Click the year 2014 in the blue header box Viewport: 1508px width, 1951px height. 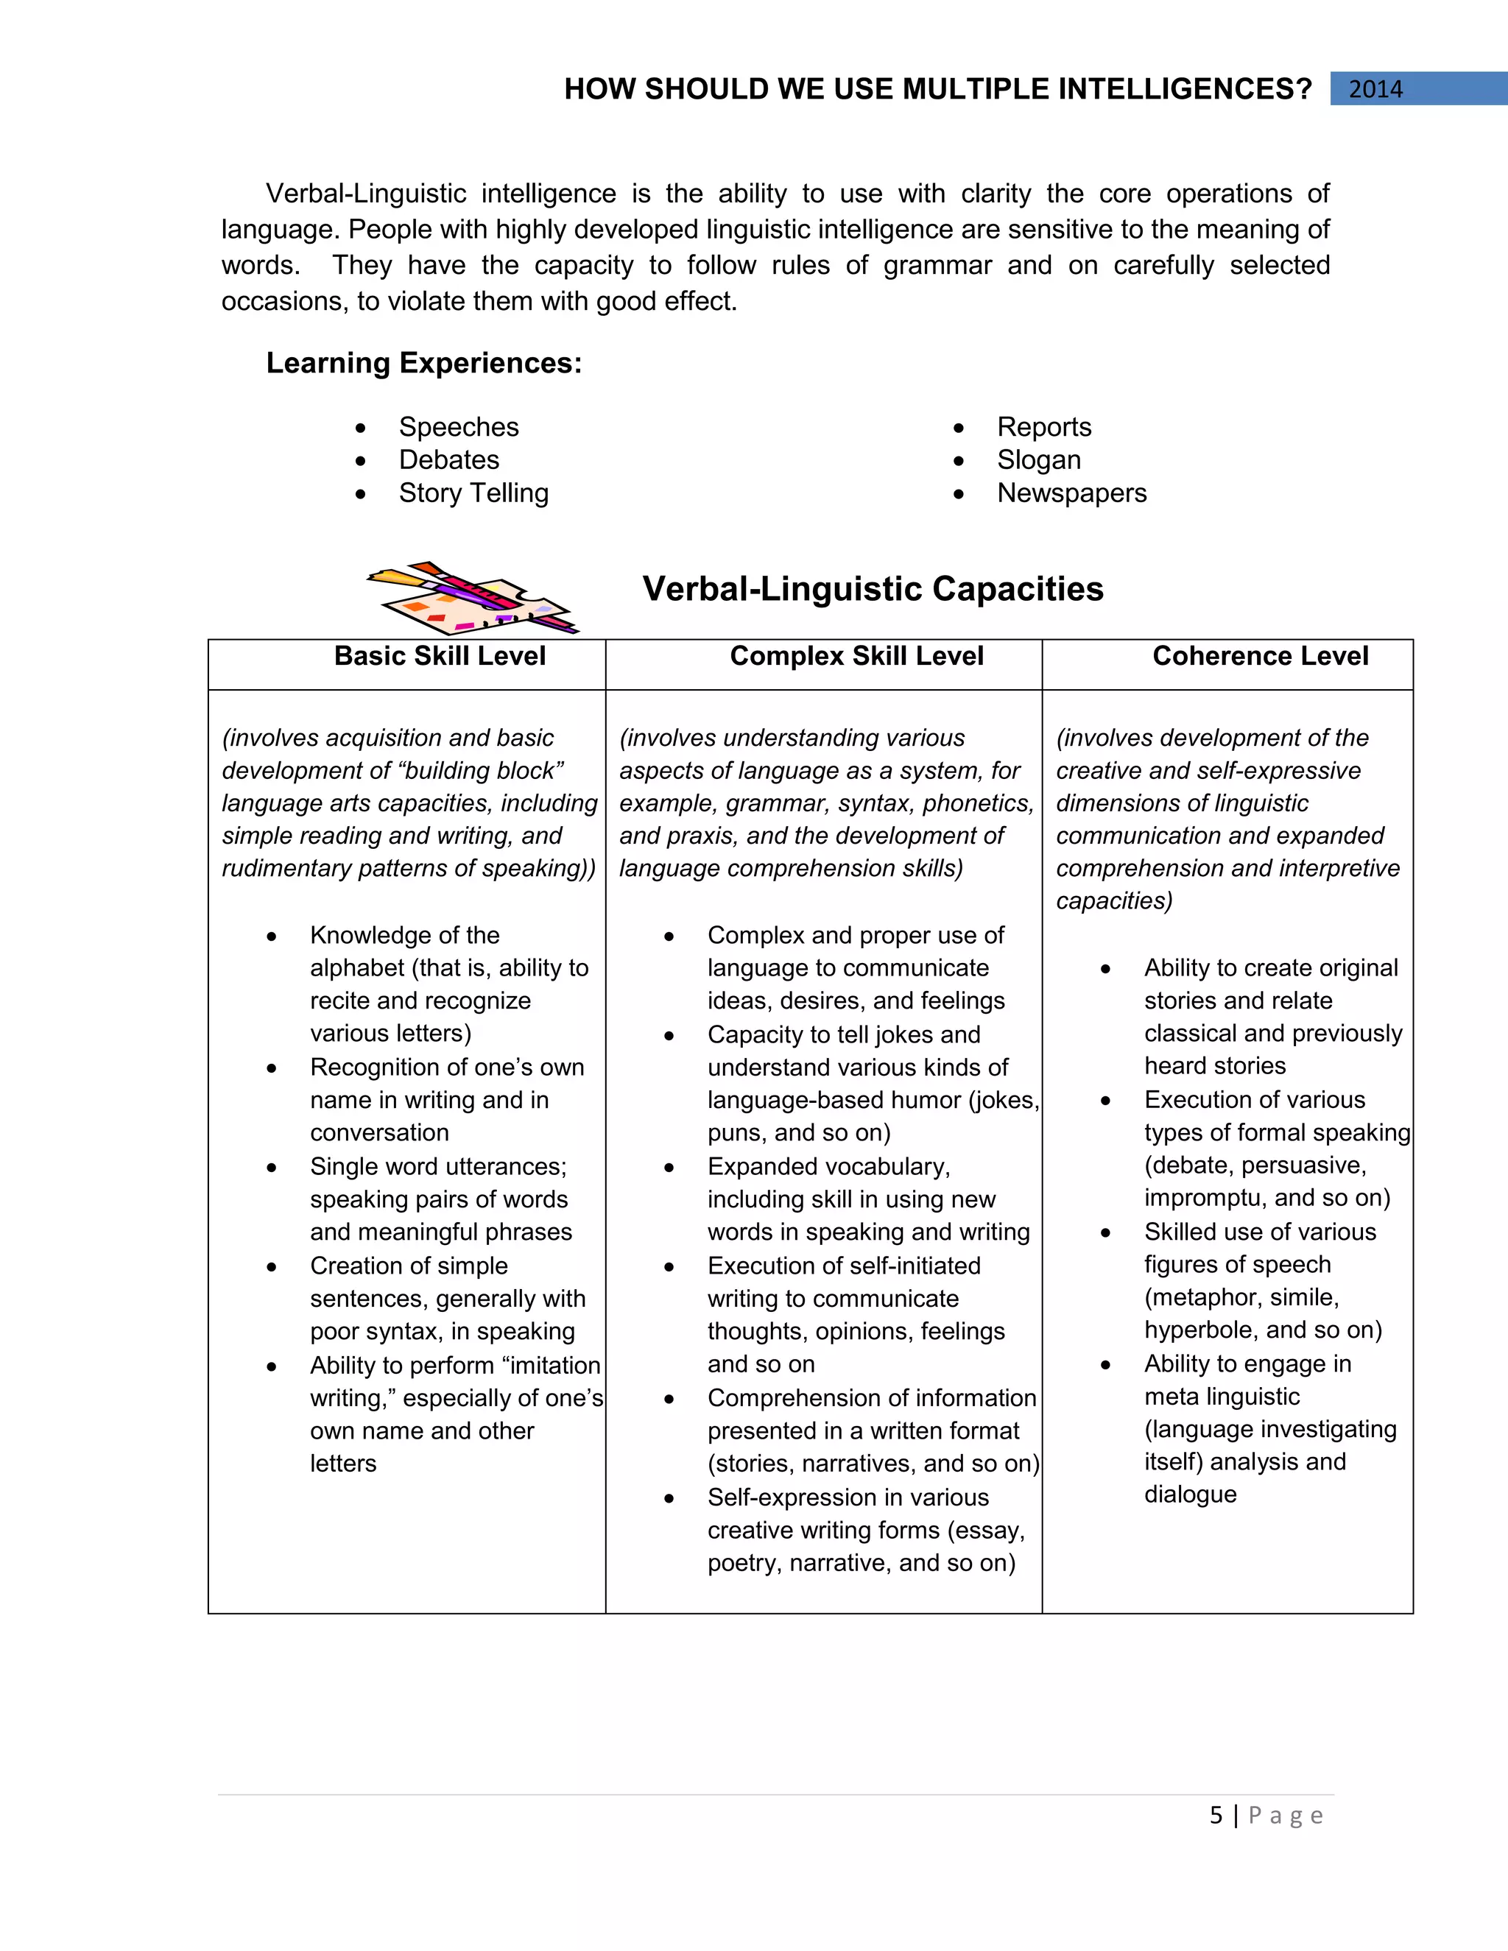tap(1375, 89)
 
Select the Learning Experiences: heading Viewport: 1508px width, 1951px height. tap(423, 363)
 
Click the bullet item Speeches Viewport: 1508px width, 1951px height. tap(458, 427)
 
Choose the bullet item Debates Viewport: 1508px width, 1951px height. tap(448, 460)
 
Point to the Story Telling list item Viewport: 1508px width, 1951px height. tap(473, 493)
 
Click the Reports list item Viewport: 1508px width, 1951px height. tap(1043, 427)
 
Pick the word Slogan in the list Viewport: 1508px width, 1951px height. tap(1038, 460)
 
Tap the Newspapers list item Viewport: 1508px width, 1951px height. tap(1071, 493)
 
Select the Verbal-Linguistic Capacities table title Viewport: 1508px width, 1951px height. tap(872, 589)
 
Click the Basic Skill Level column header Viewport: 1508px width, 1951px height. tap(440, 656)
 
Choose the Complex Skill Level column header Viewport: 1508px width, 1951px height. tap(856, 656)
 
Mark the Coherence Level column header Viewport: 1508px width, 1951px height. tap(1260, 656)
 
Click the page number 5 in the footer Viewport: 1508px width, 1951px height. tap(1216, 1816)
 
